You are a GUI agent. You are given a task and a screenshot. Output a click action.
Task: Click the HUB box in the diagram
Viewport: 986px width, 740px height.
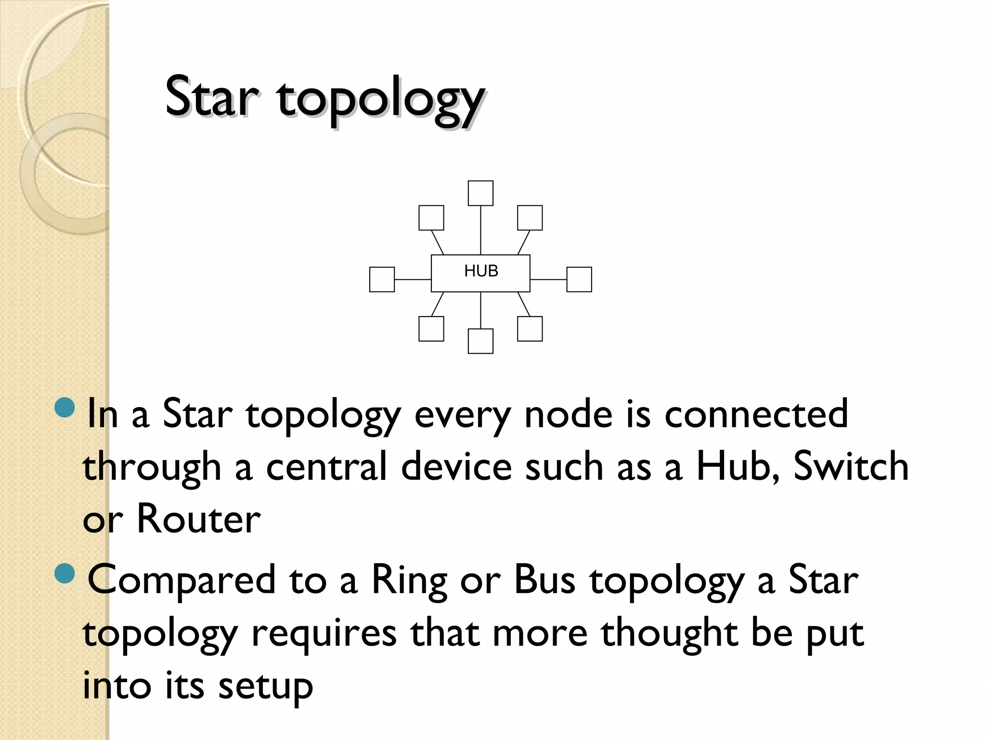coord(480,273)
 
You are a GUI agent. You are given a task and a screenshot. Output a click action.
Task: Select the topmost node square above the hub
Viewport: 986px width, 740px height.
coord(480,193)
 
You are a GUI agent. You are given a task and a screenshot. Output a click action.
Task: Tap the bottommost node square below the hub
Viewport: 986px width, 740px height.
coord(480,341)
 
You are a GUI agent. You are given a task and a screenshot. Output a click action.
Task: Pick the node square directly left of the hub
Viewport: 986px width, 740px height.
coord(382,279)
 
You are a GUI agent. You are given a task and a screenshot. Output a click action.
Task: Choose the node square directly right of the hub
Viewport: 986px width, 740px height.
coord(579,279)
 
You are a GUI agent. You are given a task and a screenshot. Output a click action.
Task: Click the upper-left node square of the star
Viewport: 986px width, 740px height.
coord(431,218)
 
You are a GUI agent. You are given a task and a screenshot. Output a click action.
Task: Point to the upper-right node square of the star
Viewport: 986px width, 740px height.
coord(530,218)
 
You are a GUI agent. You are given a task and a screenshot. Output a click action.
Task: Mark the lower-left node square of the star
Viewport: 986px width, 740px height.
coord(431,329)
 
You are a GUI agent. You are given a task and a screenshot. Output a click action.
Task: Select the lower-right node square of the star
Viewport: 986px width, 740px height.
coord(530,329)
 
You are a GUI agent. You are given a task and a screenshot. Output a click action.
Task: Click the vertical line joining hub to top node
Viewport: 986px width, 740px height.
coord(480,230)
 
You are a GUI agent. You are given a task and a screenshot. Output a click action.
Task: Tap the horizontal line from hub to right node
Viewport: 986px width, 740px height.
coord(548,279)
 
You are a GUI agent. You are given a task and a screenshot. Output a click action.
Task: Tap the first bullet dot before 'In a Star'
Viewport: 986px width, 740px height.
coord(65,408)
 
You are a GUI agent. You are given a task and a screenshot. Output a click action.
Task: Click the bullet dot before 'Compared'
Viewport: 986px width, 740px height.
coord(65,573)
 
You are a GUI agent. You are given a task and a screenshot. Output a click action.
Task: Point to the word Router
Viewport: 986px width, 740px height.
coord(199,519)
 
